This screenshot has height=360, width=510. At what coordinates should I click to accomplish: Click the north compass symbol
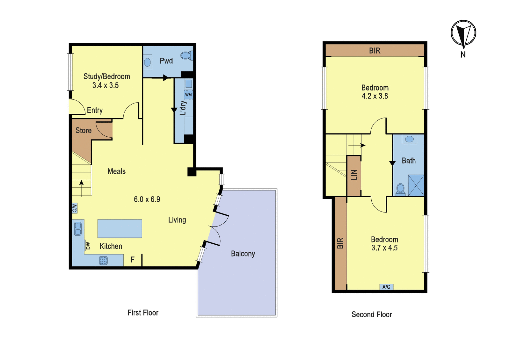click(x=463, y=33)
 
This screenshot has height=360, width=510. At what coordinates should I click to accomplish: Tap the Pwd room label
click(x=166, y=61)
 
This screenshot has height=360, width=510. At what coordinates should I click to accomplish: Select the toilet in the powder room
click(x=187, y=55)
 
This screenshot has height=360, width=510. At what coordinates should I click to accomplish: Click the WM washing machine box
click(x=188, y=95)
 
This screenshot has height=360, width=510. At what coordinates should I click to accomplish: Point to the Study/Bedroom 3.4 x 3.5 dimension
click(x=106, y=85)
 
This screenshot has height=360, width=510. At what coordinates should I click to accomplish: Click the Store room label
click(x=84, y=130)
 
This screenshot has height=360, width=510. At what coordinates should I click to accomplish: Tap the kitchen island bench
click(x=120, y=228)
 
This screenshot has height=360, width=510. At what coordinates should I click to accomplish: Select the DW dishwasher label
click(x=88, y=246)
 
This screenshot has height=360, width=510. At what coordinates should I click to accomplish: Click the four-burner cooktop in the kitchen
click(x=103, y=261)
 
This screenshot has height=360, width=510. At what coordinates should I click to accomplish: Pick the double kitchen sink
click(x=78, y=229)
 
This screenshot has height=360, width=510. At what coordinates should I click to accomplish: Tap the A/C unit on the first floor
click(x=75, y=208)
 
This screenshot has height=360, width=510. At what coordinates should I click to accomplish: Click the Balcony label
click(x=243, y=254)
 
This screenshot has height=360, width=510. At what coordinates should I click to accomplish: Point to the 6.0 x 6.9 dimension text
click(x=147, y=199)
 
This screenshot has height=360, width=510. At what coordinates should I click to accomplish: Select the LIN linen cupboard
click(x=354, y=176)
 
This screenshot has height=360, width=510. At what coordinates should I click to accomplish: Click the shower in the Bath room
click(x=416, y=185)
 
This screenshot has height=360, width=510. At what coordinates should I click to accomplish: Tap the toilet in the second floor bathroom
click(x=400, y=189)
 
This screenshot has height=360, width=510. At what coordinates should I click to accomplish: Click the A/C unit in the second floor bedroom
click(x=386, y=287)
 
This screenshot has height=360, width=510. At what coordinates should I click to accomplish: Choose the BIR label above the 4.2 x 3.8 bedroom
click(x=375, y=51)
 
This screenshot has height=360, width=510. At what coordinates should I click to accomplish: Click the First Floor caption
click(x=143, y=313)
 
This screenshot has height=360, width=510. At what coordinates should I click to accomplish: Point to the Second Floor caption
click(x=372, y=314)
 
